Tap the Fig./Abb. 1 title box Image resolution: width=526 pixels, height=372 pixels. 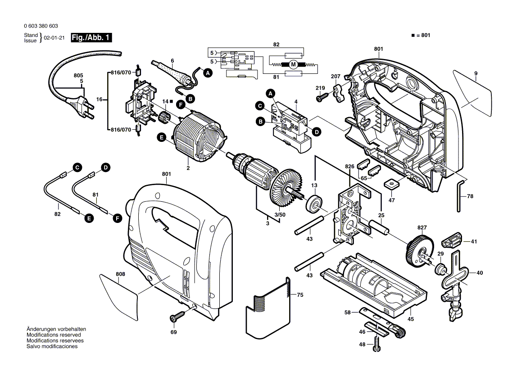point(92,38)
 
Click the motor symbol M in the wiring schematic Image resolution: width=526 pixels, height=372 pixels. point(293,65)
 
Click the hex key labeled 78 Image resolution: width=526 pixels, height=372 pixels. point(460,195)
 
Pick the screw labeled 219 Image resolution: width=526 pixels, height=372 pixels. point(323,96)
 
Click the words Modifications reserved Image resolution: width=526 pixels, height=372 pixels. point(54,335)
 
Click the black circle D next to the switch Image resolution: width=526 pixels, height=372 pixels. point(317,132)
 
